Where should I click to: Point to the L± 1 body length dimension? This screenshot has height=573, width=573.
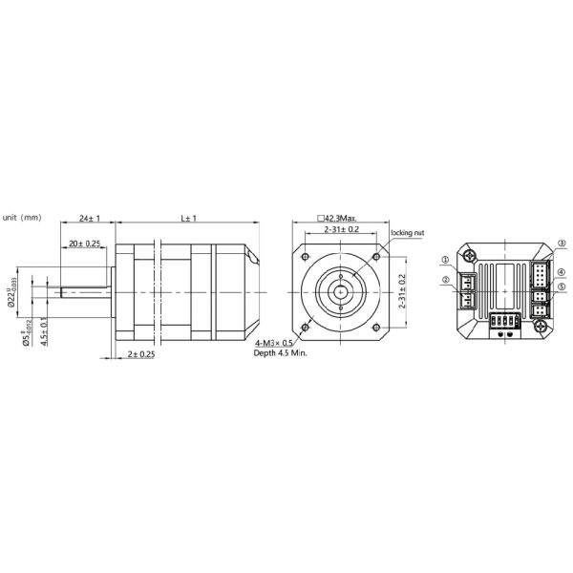(188, 219)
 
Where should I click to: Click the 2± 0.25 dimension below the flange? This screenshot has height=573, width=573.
(142, 354)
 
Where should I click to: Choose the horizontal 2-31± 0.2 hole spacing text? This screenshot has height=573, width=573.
(341, 230)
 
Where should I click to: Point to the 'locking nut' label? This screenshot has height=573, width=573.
(407, 231)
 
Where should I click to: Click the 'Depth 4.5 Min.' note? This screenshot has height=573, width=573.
(280, 353)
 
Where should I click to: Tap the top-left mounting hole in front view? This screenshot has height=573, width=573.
(306, 257)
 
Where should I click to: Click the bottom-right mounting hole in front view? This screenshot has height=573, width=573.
(377, 328)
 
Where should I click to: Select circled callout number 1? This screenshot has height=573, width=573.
(446, 260)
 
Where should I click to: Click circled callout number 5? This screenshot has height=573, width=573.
(562, 286)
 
